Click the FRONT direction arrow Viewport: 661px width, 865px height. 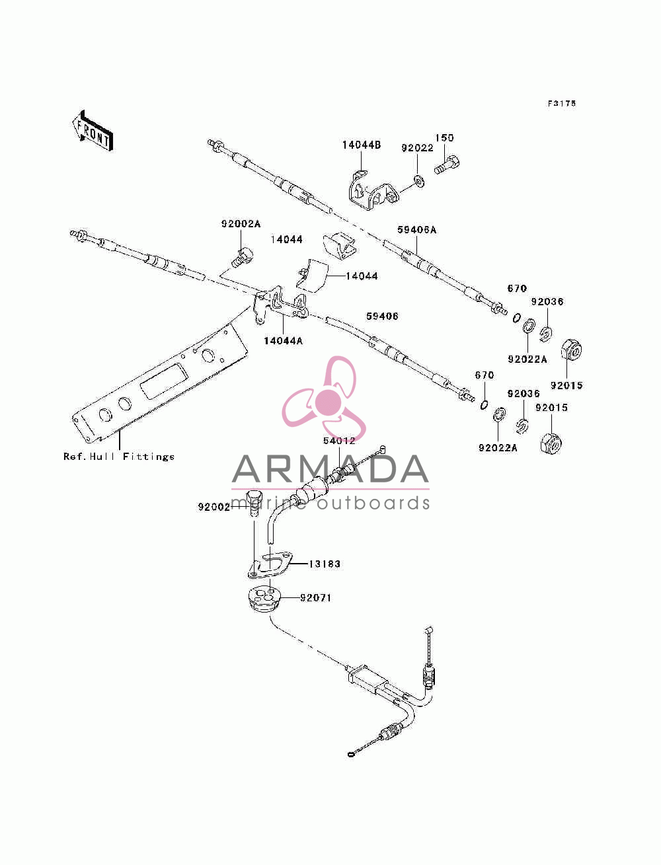coord(93,131)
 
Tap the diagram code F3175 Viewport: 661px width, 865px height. coord(561,103)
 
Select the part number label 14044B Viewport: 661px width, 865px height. coord(361,145)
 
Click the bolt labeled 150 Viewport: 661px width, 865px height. coord(447,165)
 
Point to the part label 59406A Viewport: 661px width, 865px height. coord(416,230)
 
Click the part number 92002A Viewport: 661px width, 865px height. coord(241,224)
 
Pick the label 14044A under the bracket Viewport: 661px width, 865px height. coord(283,341)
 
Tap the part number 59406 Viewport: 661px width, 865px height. coord(382,316)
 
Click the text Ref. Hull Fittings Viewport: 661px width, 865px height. coord(118,457)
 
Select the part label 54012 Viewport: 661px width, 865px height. coord(339,441)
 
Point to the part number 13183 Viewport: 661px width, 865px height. coord(325,564)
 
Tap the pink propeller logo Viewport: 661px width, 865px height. coord(324,398)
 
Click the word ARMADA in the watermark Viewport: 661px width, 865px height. coord(330,469)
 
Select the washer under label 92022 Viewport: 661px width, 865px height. coord(419,182)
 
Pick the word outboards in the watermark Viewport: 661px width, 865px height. coord(373,504)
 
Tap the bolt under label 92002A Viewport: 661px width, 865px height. coord(242,257)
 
